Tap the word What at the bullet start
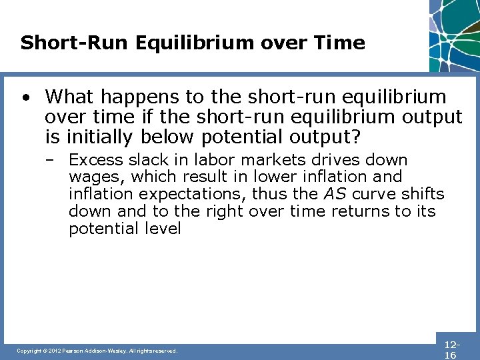pos(69,97)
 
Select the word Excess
pos(96,160)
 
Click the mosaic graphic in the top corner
pos(455,33)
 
